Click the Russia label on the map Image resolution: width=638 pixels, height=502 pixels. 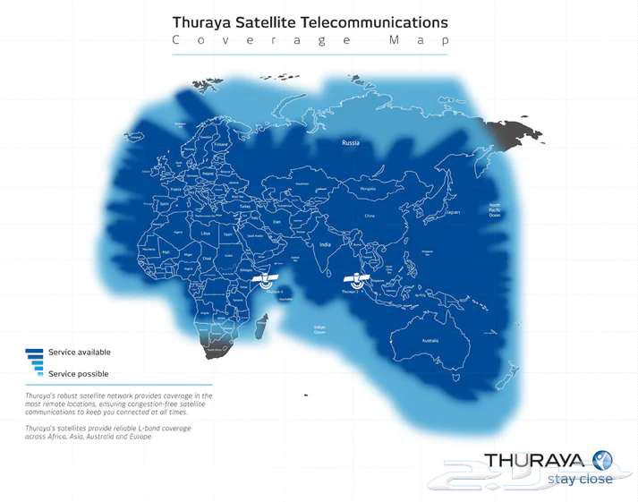point(350,142)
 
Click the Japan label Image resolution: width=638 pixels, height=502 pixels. point(454,212)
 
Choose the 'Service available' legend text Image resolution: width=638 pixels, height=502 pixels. point(80,352)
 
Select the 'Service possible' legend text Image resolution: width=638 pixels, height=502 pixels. point(79,372)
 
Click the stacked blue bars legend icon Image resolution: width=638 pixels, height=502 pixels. point(36,362)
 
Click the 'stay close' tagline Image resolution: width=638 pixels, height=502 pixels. point(582,479)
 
